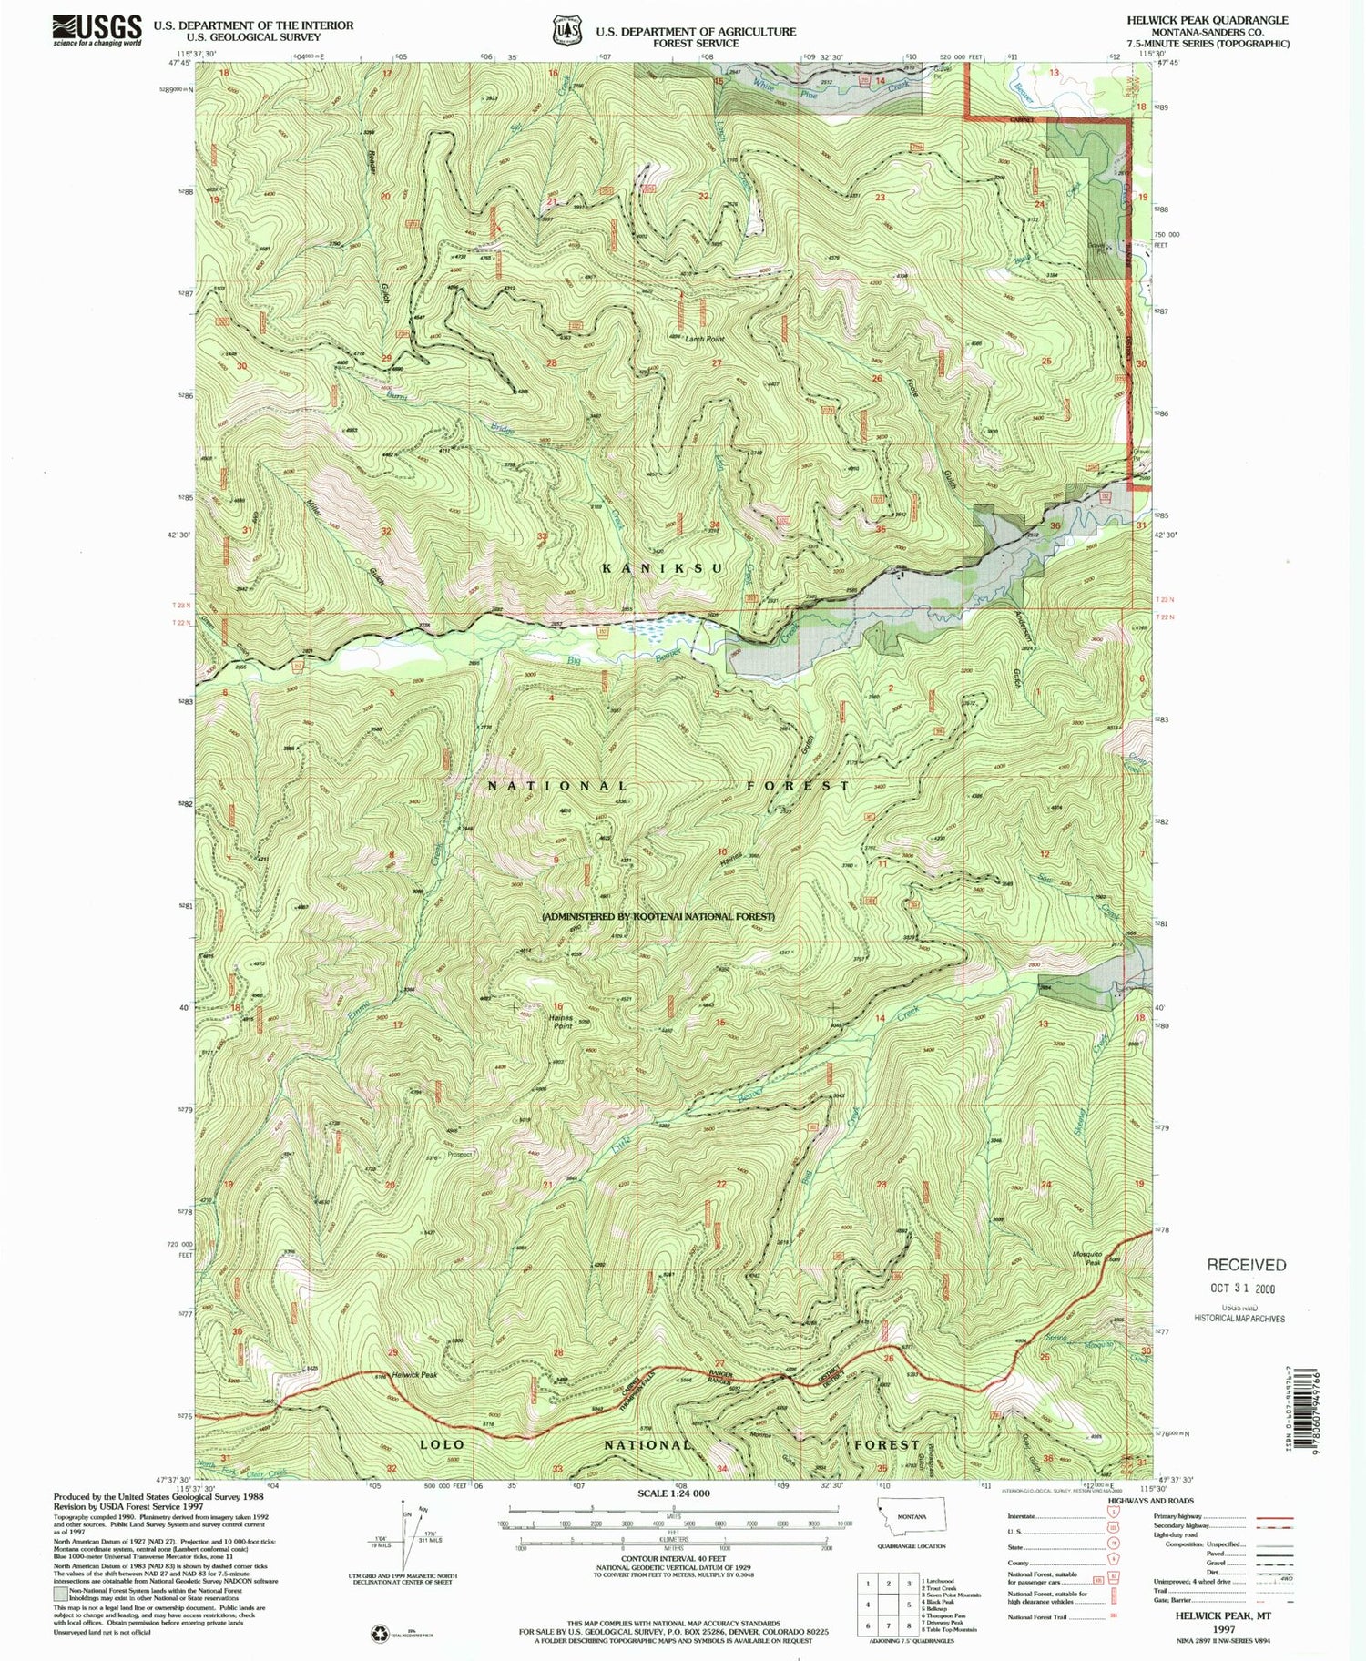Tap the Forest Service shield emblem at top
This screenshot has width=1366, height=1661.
(568, 30)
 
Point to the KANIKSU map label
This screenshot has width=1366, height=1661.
(663, 568)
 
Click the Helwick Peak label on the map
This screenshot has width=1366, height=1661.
(417, 1375)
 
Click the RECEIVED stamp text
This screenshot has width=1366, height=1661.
(1246, 1265)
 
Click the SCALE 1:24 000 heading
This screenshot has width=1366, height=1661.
(673, 1493)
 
